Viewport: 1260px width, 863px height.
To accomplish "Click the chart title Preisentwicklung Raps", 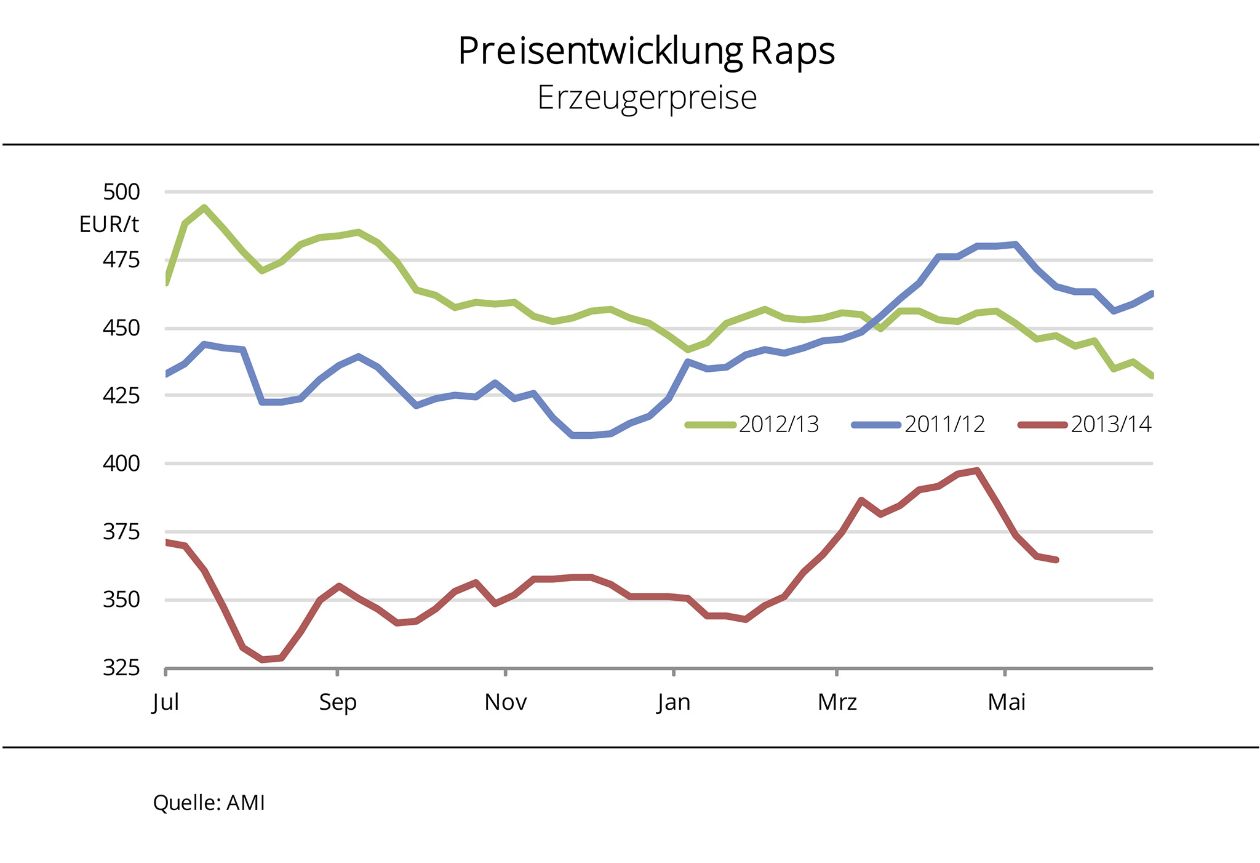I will point(646,51).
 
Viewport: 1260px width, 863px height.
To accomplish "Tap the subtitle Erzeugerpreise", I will point(647,98).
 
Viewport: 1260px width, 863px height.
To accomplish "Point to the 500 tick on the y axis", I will point(121,192).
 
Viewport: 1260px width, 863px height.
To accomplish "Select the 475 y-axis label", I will point(121,260).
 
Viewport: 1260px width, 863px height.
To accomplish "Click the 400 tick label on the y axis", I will point(121,463).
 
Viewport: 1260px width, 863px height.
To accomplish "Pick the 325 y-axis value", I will point(121,667).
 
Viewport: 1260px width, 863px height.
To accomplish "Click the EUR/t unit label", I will point(109,225).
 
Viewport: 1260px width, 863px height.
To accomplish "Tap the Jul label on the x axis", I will point(165,702).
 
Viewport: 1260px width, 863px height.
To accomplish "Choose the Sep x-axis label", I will point(338,702).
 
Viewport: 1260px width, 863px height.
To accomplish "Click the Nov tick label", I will point(505,702).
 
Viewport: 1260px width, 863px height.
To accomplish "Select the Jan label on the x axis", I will point(674,702).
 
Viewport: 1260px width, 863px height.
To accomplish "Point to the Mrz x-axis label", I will point(837,702).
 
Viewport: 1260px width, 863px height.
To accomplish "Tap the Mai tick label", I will point(1007,702).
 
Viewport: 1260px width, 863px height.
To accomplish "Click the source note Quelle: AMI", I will point(209,803).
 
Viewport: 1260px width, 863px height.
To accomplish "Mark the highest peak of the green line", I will point(204,207).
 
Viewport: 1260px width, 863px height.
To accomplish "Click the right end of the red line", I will point(1056,560).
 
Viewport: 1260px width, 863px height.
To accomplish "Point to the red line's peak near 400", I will point(977,471).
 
